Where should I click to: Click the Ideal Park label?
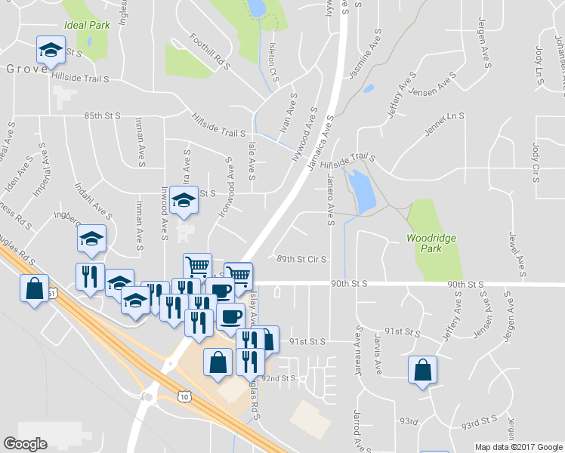tap(88, 24)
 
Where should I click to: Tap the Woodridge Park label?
tap(431, 243)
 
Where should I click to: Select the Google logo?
tap(26, 444)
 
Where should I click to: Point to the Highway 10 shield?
tap(185, 395)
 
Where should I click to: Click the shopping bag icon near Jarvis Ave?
tap(422, 370)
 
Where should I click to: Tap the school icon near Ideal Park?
tap(51, 50)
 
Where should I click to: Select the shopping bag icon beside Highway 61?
tap(34, 288)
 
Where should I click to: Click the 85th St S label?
tap(103, 116)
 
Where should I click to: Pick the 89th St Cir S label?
tap(301, 259)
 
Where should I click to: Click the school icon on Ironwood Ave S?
tap(184, 200)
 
